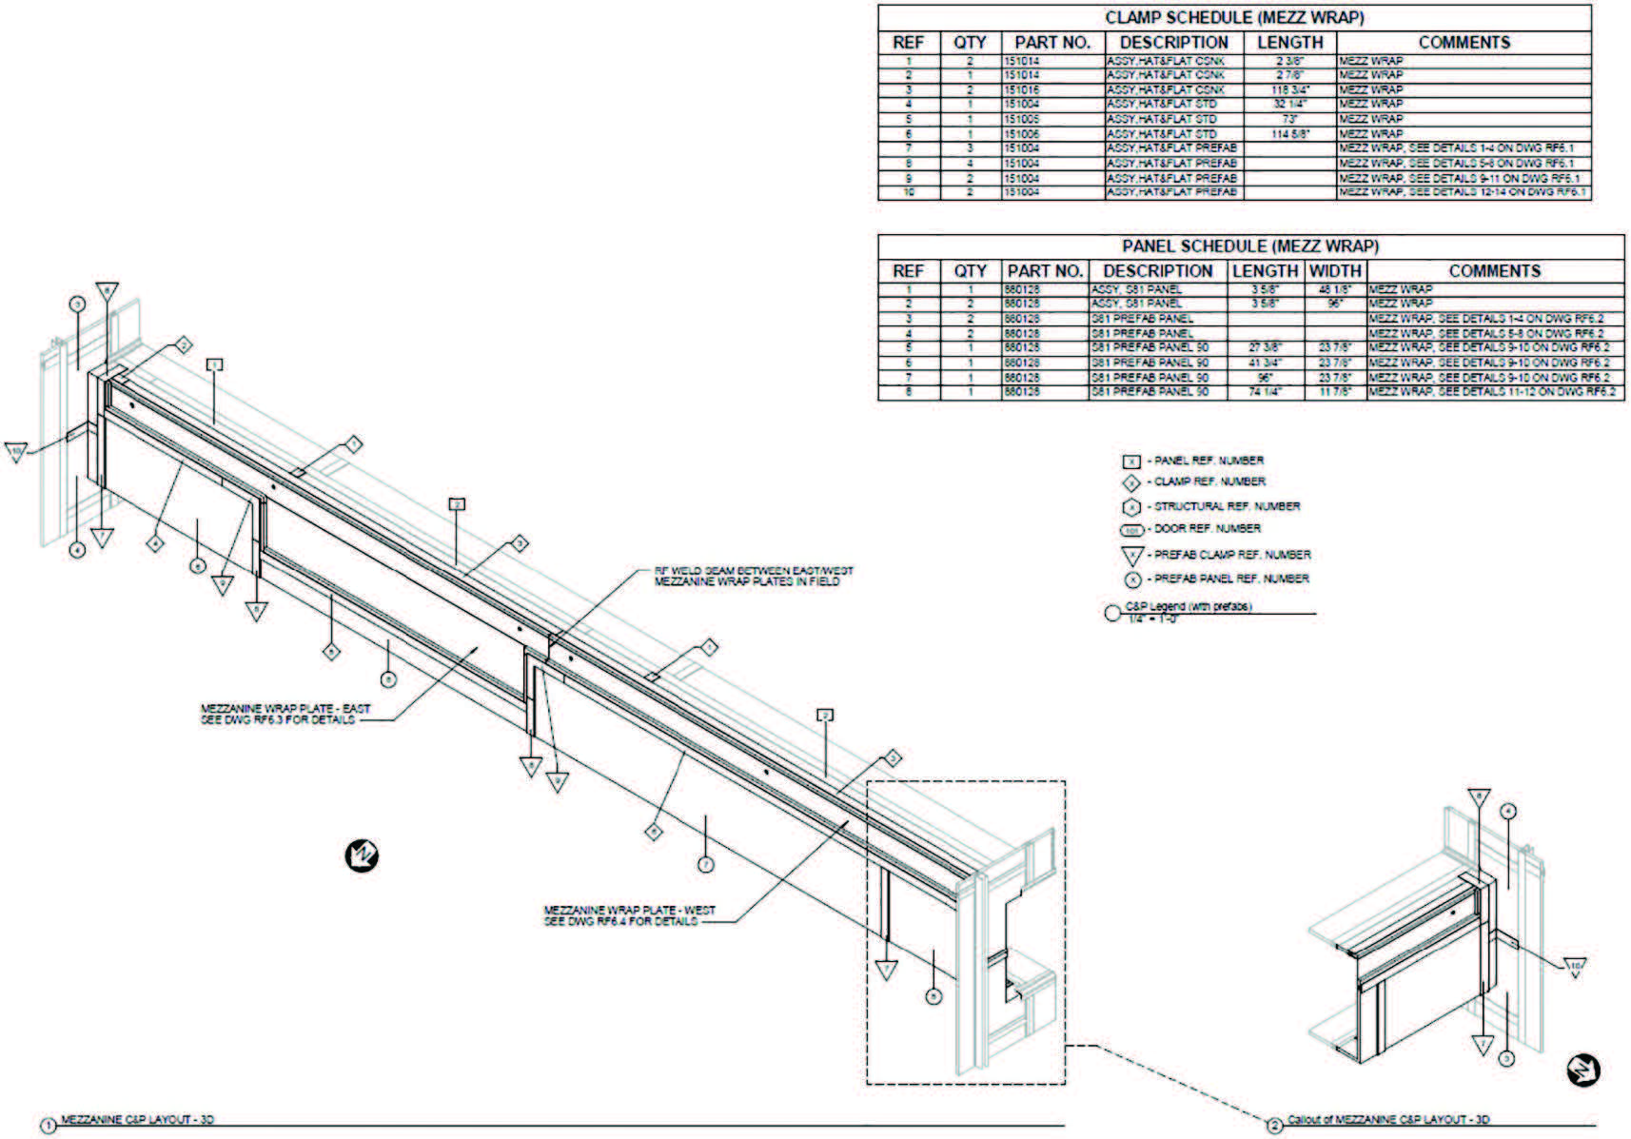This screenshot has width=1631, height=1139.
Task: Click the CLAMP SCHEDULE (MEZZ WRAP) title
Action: [x=1233, y=18]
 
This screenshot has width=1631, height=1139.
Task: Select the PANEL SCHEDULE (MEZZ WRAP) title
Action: [x=1249, y=246]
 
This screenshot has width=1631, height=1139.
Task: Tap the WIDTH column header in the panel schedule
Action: [x=1336, y=271]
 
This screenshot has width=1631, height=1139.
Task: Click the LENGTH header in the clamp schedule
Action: [x=1289, y=43]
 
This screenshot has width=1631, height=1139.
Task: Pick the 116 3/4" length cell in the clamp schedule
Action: [x=1289, y=89]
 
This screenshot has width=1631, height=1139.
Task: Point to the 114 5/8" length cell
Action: [x=1289, y=134]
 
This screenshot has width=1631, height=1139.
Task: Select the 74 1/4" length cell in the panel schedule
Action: [x=1265, y=392]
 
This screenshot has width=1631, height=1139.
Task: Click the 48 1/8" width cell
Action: [x=1336, y=289]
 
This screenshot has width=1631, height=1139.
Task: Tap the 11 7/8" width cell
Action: [x=1336, y=392]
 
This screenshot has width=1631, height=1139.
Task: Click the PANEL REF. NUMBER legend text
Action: [x=1209, y=461]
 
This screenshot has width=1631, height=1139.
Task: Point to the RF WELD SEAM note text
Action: [x=753, y=576]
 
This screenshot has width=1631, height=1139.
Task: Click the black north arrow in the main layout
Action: [x=362, y=856]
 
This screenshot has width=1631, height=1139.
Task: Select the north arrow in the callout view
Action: [x=1583, y=1070]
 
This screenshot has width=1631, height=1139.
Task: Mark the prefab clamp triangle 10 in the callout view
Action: [x=1575, y=967]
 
